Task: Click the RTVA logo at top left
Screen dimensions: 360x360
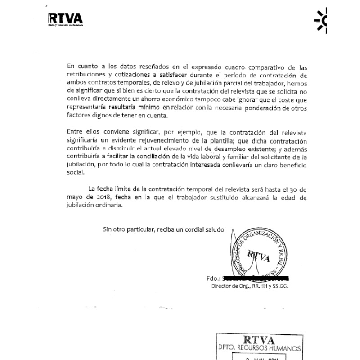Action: pos(65,18)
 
